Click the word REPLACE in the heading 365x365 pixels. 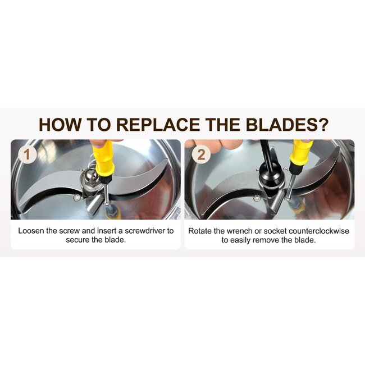158,125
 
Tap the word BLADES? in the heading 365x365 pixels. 287,125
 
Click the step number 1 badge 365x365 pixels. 28,154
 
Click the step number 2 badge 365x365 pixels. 201,154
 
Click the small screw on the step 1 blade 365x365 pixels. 77,198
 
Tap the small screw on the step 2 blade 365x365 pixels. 257,198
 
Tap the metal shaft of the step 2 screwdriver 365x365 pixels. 290,186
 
